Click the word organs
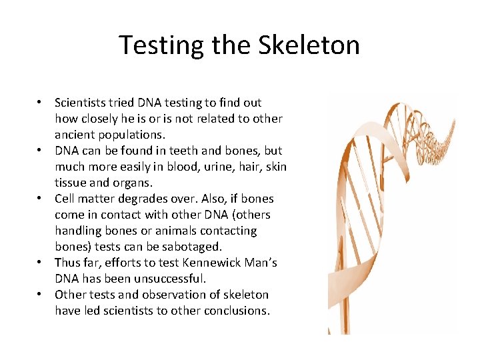133,183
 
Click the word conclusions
237,311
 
